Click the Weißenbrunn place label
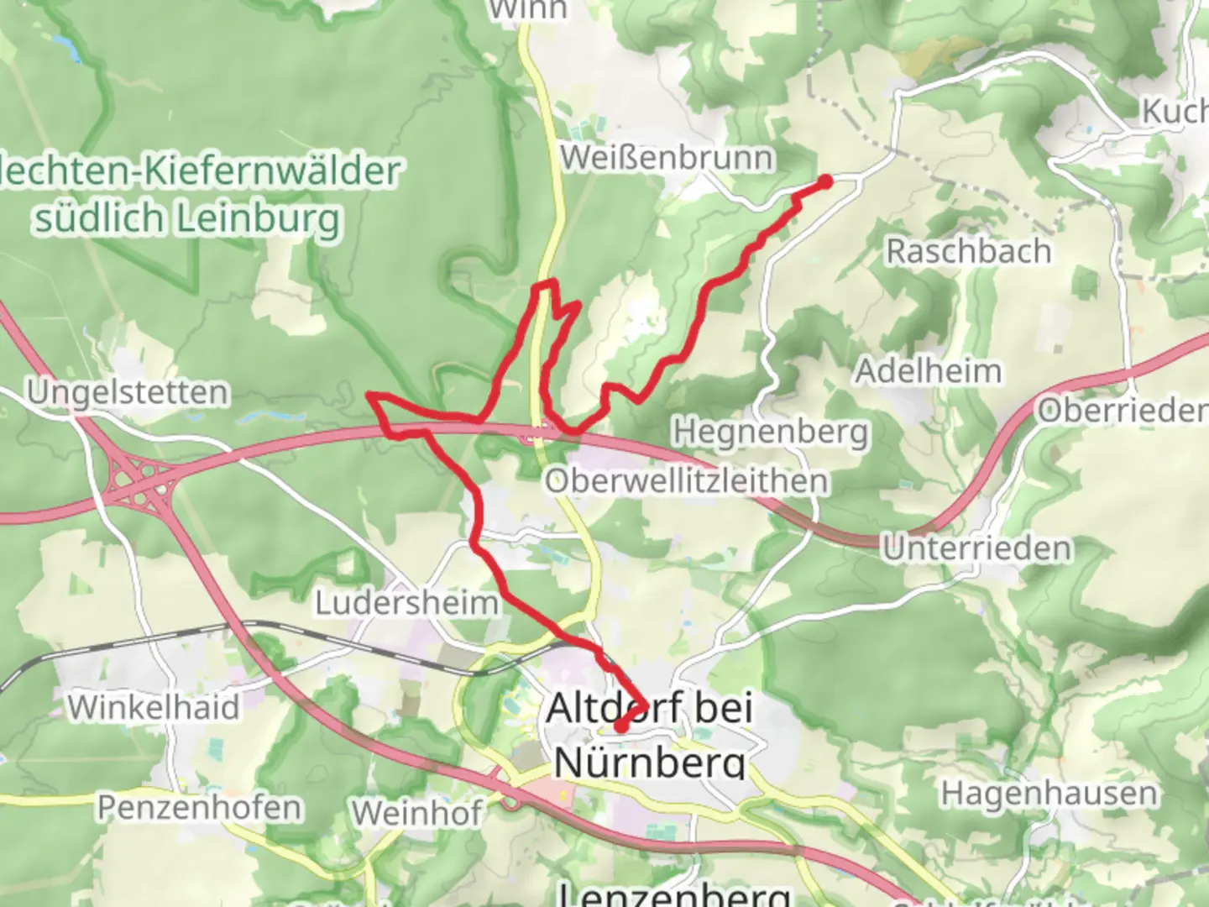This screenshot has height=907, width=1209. pyautogui.click(x=667, y=158)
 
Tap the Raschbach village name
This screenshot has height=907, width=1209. pyautogui.click(x=968, y=251)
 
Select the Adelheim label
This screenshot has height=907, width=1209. pyautogui.click(x=928, y=371)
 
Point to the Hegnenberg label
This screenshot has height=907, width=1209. pyautogui.click(x=770, y=432)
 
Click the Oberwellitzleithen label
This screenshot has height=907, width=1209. pyautogui.click(x=686, y=481)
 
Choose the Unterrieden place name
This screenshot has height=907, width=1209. pyautogui.click(x=976, y=549)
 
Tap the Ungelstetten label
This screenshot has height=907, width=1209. pyautogui.click(x=127, y=392)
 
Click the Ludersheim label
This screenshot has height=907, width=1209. pyautogui.click(x=406, y=602)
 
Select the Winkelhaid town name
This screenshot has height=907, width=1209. pyautogui.click(x=154, y=707)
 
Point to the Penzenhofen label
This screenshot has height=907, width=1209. pyautogui.click(x=200, y=807)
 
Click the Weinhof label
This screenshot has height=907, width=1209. pyautogui.click(x=417, y=812)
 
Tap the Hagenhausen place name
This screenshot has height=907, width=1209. pyautogui.click(x=1048, y=794)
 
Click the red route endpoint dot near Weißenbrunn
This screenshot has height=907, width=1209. pyautogui.click(x=825, y=181)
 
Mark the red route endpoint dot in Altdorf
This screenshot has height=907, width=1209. pyautogui.click(x=620, y=726)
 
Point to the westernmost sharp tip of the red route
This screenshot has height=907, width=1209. pyautogui.click(x=369, y=395)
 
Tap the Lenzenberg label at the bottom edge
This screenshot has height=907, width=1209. pyautogui.click(x=673, y=895)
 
